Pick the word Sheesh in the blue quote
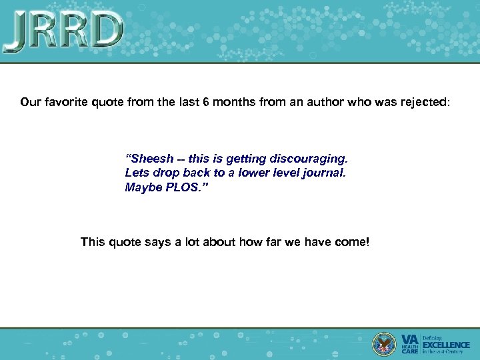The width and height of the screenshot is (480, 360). (x=150, y=159)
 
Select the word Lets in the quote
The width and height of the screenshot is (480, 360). (x=136, y=173)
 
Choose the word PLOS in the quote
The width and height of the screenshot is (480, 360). (x=183, y=187)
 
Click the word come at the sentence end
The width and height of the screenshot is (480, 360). (x=352, y=242)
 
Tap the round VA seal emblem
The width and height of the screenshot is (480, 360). (x=385, y=343)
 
